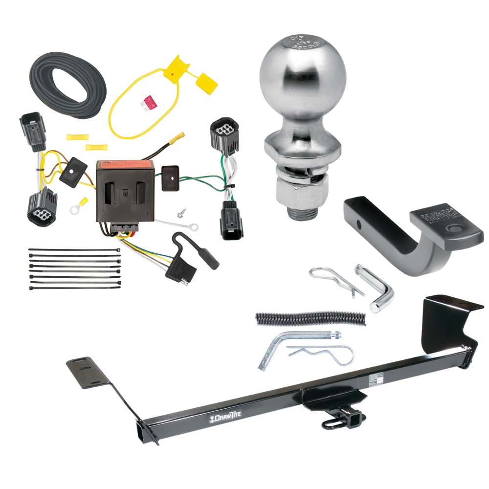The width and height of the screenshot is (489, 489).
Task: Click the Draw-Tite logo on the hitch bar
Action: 225,415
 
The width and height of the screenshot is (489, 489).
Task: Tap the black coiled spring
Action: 310,318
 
